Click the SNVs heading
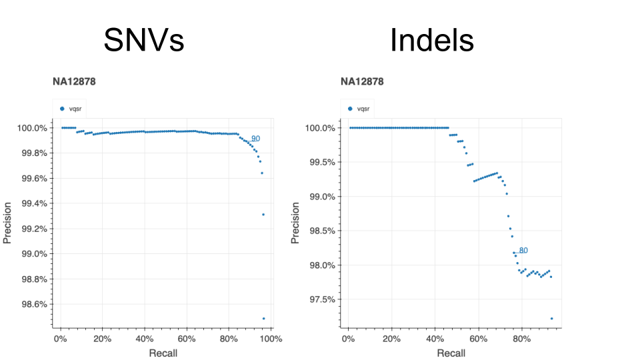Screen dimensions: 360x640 click(143, 41)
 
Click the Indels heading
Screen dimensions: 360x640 click(431, 41)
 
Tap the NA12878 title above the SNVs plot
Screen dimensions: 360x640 click(74, 82)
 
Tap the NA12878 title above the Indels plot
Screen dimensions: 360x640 click(362, 82)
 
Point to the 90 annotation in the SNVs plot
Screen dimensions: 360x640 click(255, 139)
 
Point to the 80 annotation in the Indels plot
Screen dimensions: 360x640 click(523, 251)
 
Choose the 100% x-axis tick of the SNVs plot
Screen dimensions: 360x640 click(271, 339)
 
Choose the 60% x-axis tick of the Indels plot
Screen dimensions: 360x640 click(478, 339)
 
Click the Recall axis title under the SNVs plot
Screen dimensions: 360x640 click(163, 353)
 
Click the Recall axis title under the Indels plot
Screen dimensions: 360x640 click(451, 353)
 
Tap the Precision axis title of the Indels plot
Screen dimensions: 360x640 click(296, 223)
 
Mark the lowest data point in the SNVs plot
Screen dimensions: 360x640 click(263, 319)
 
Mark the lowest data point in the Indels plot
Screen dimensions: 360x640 click(551, 319)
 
